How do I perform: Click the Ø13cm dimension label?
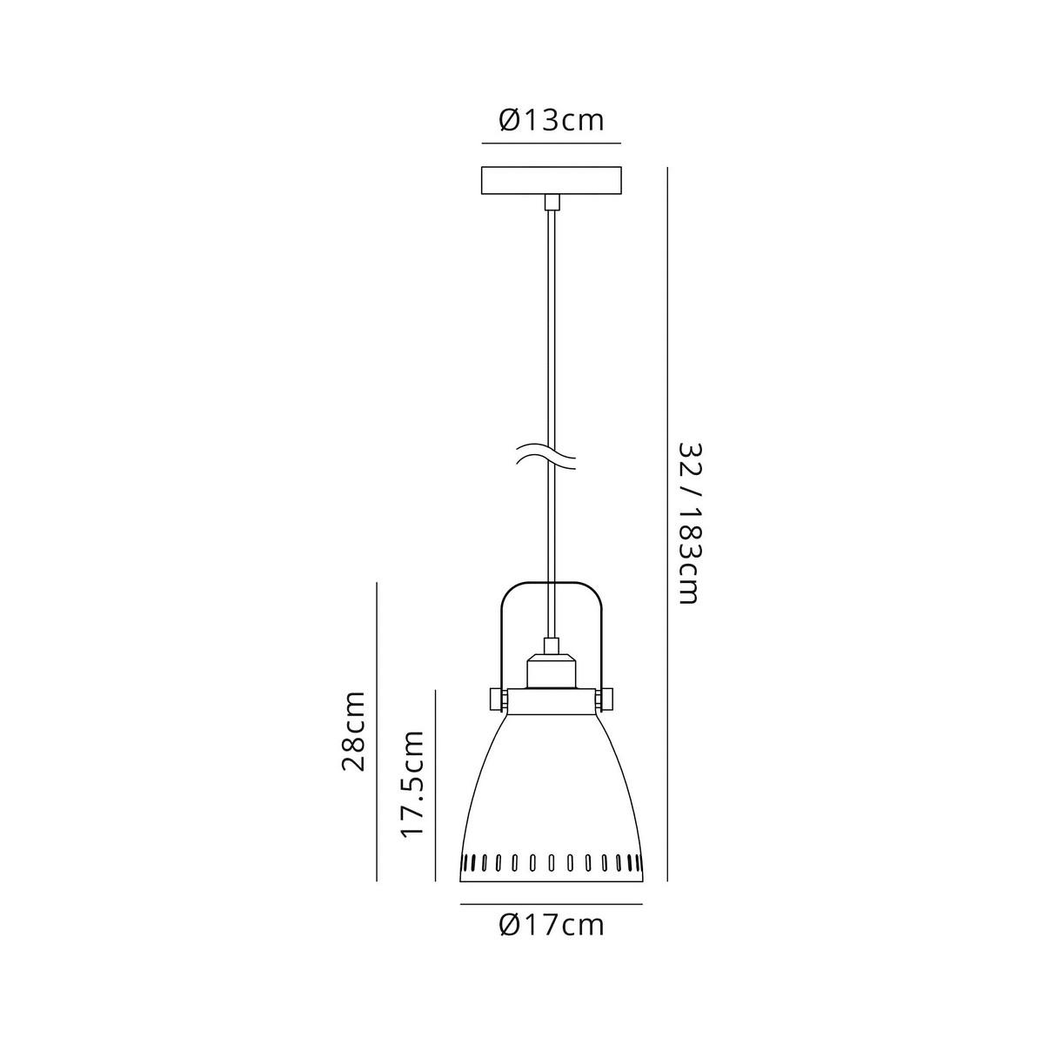[x=551, y=120]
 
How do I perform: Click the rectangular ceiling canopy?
[x=552, y=180]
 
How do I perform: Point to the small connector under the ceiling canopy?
[x=552, y=202]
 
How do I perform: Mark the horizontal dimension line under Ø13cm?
[x=552, y=144]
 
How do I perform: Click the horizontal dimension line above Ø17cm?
[x=552, y=904]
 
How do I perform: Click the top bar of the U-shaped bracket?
[x=552, y=583]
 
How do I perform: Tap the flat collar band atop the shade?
[x=551, y=701]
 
